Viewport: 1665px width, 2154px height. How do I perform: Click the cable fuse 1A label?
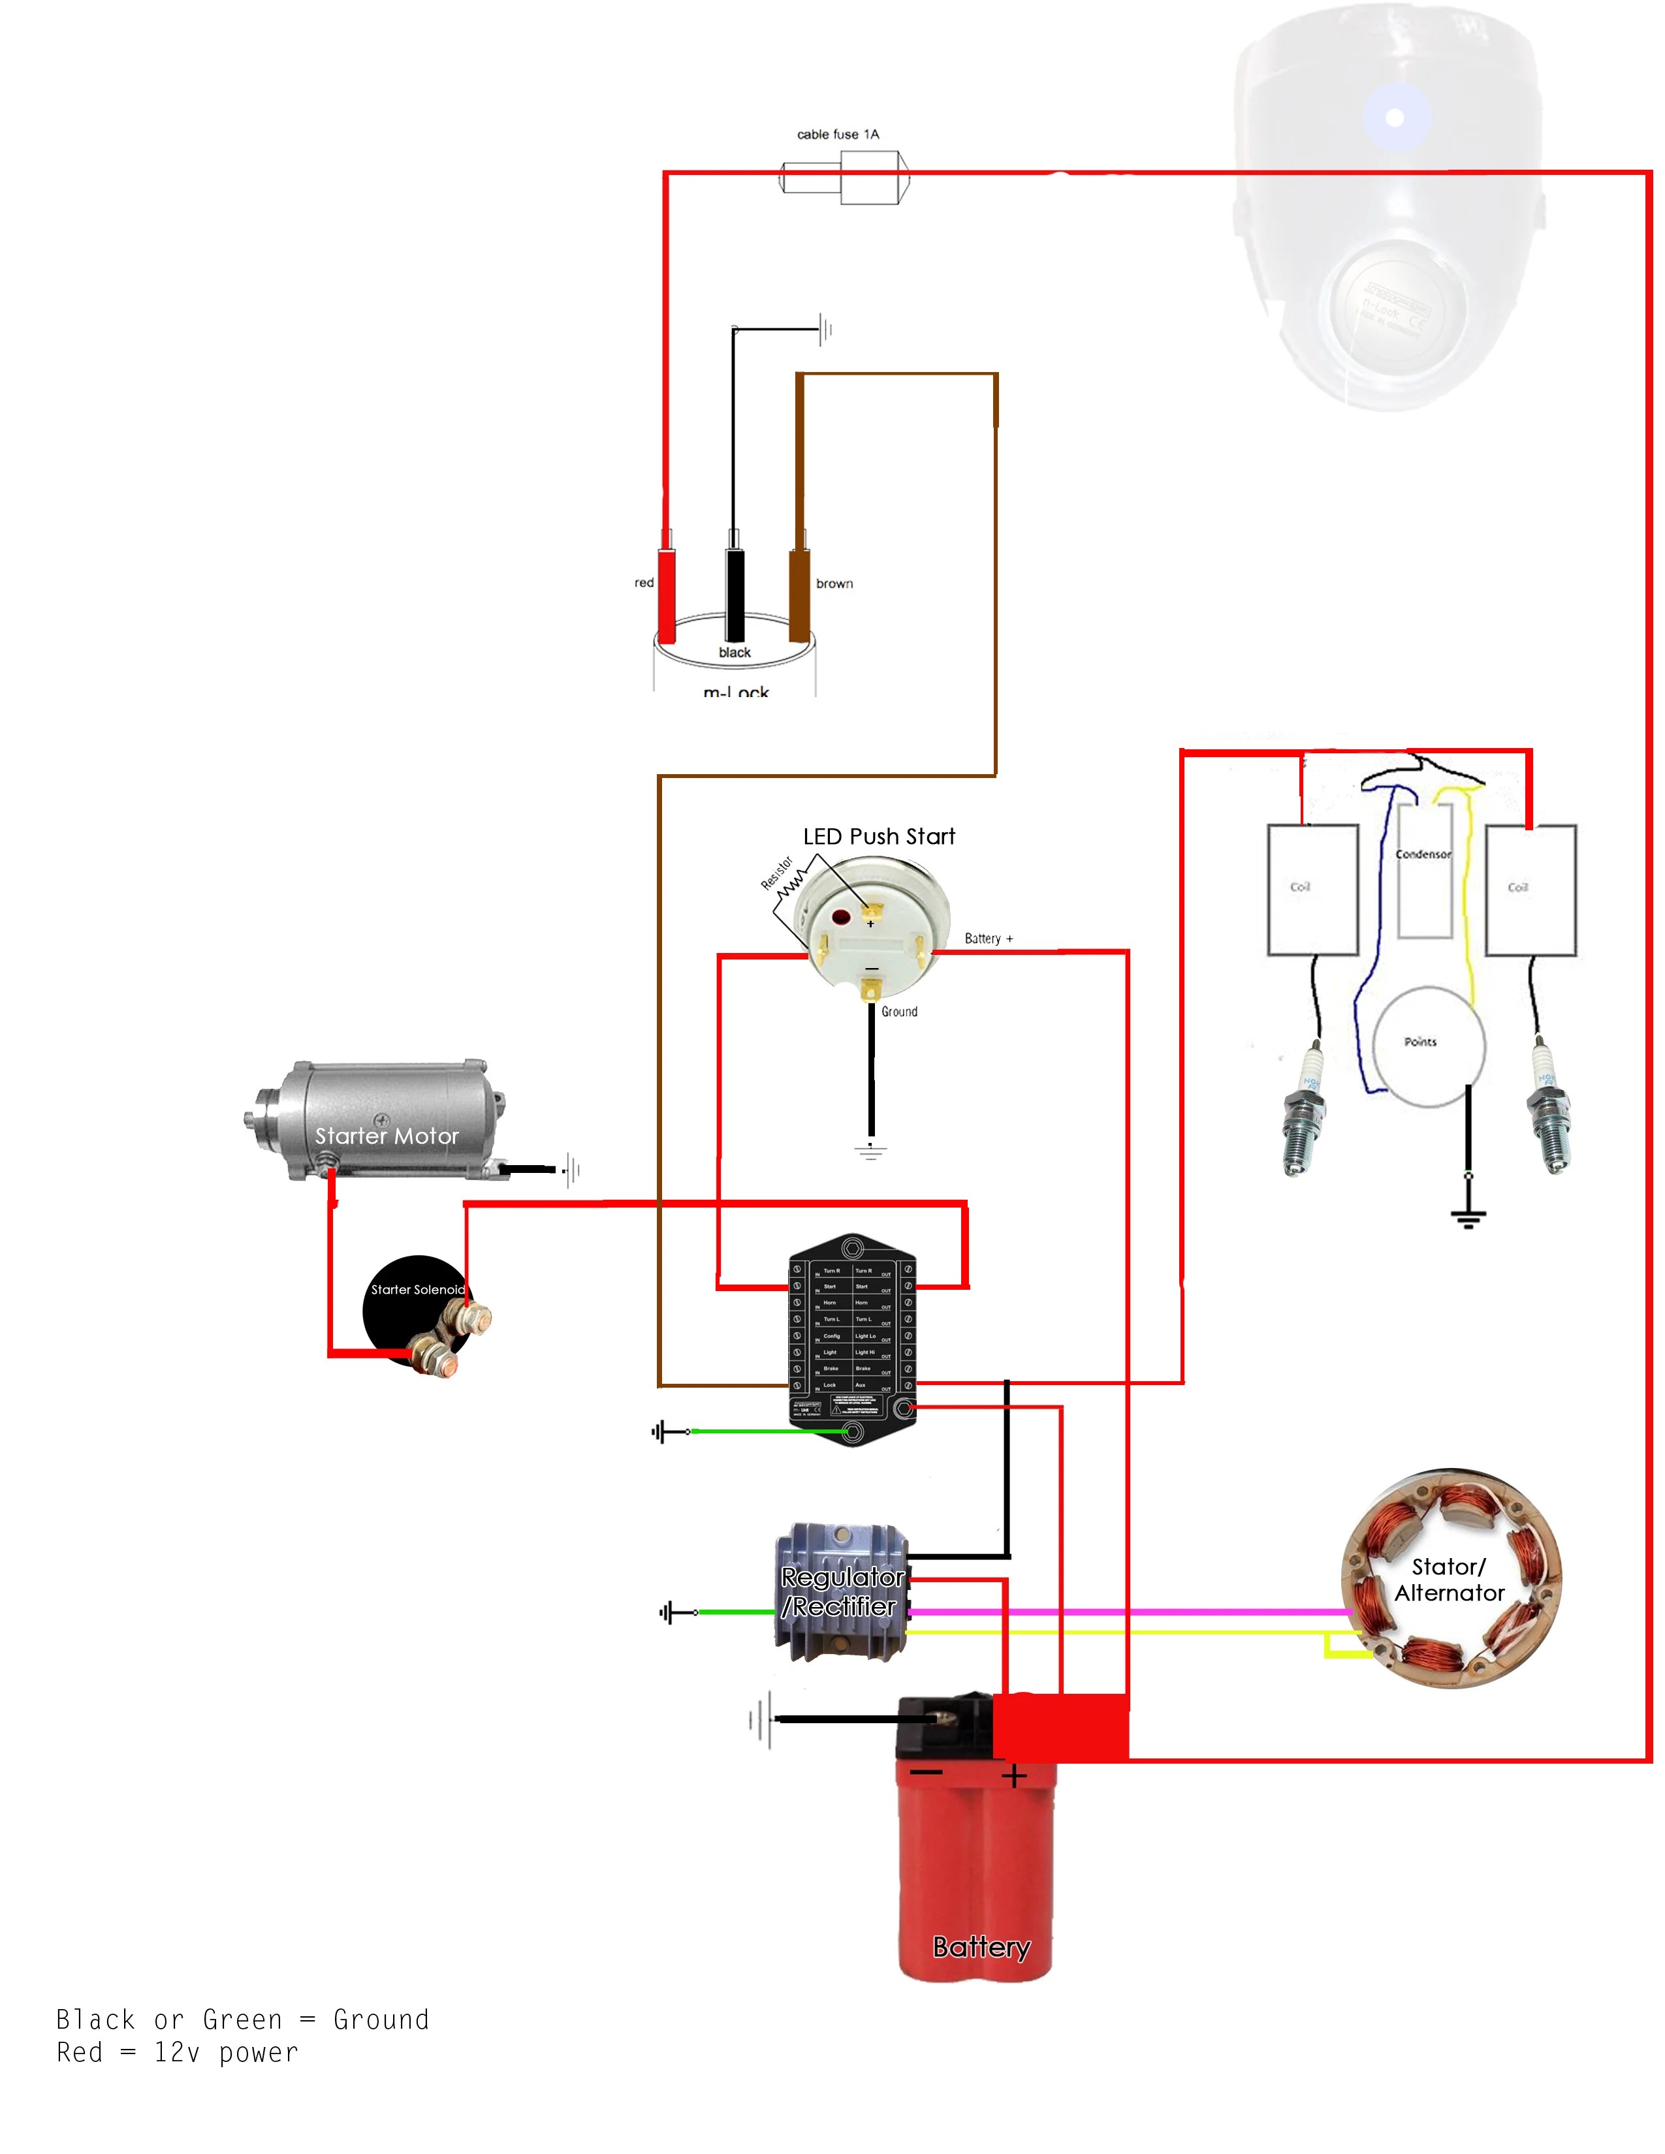(838, 134)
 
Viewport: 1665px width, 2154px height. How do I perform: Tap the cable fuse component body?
(844, 178)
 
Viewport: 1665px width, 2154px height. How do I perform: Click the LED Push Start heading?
(879, 836)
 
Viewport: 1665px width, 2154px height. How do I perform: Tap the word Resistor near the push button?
(776, 873)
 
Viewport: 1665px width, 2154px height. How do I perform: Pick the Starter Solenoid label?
(417, 1289)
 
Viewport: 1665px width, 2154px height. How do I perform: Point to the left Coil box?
(1312, 890)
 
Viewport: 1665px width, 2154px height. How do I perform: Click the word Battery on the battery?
(981, 1947)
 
